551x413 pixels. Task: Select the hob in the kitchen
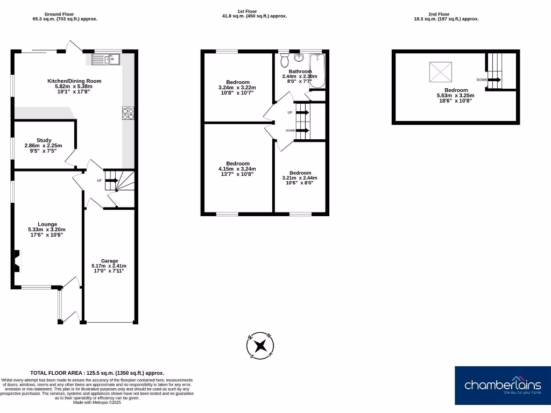[x=129, y=113]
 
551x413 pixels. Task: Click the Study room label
[x=44, y=140]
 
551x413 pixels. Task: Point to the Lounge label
[x=47, y=224]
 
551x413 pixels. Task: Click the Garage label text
[x=109, y=261]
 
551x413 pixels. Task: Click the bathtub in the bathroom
[x=317, y=70]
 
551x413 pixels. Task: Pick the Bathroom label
[x=300, y=72]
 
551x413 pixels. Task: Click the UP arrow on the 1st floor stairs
[x=302, y=112]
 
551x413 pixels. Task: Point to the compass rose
[x=262, y=345]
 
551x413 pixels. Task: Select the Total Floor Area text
[x=97, y=373]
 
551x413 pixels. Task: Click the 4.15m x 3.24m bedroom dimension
[x=238, y=169]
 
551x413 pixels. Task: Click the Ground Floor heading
[x=59, y=14]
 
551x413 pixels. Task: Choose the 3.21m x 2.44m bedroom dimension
[x=300, y=178]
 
